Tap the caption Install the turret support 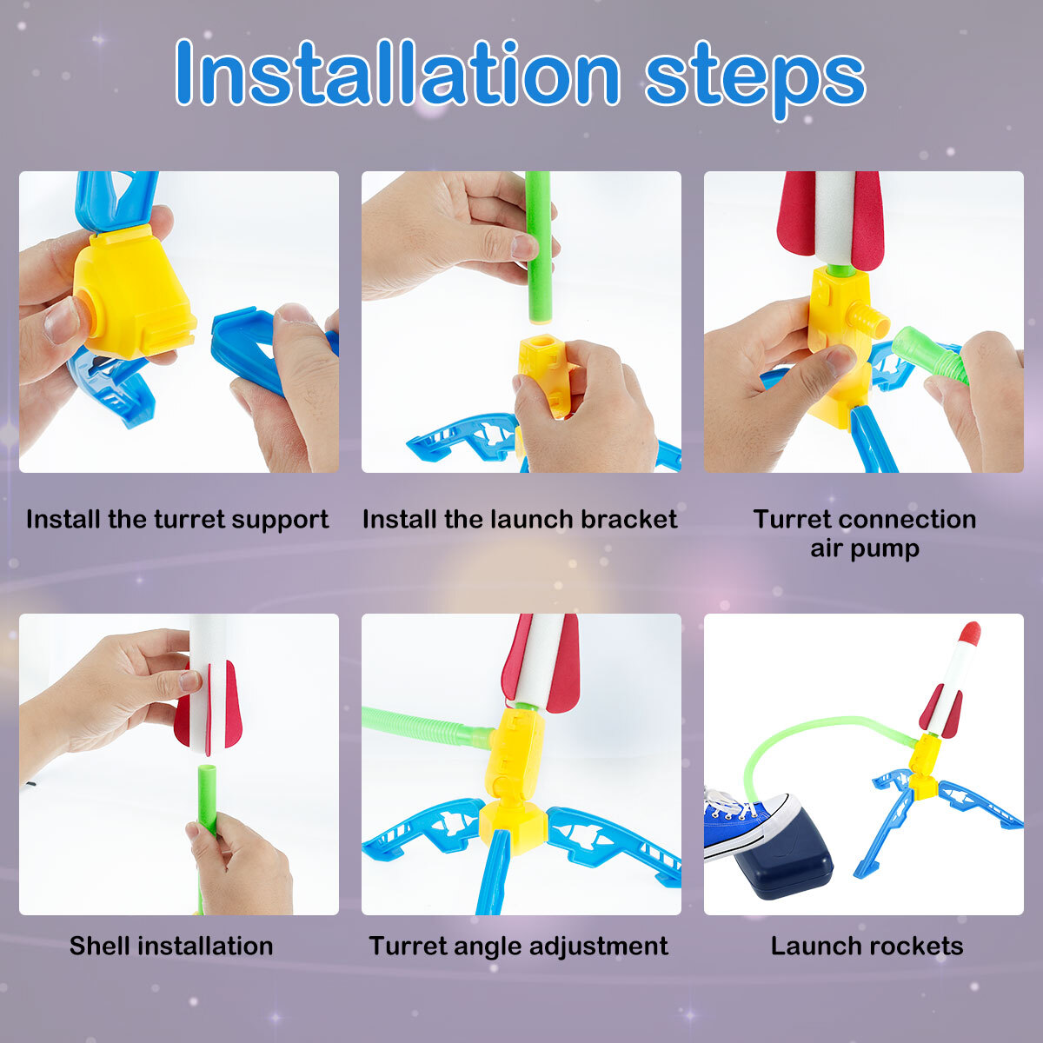tap(177, 520)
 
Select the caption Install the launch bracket tap(520, 520)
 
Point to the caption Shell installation tap(171, 946)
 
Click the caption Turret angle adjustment tap(519, 946)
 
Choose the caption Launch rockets tap(867, 946)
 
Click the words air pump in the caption tap(865, 548)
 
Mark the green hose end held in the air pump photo tap(930, 353)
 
